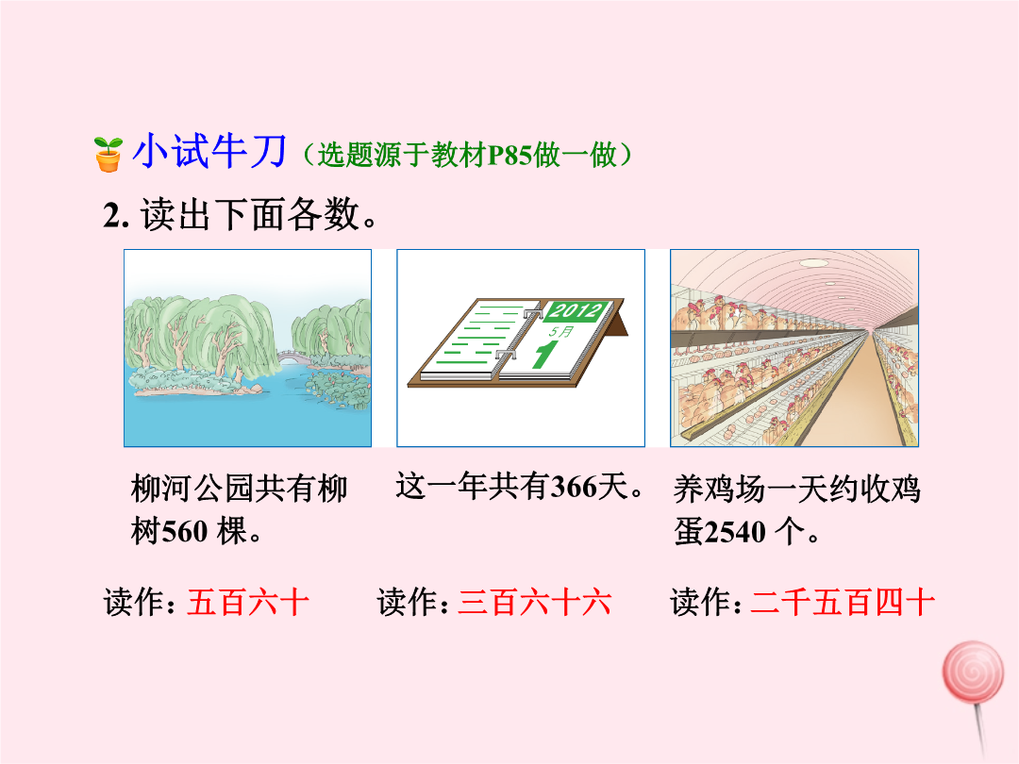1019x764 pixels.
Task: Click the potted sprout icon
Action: click(x=108, y=154)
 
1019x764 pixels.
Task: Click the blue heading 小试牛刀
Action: click(x=209, y=151)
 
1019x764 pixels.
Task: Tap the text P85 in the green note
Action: click(x=509, y=156)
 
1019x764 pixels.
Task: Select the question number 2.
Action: click(x=116, y=215)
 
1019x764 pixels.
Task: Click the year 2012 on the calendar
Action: click(x=575, y=310)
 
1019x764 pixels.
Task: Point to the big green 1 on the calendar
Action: click(x=544, y=354)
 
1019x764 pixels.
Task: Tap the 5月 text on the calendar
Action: click(x=560, y=332)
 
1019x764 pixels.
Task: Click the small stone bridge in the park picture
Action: click(x=294, y=355)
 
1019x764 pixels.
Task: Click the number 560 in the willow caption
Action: click(x=185, y=531)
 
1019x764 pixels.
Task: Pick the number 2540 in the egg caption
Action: click(x=734, y=532)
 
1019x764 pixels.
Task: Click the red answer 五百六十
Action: click(x=247, y=602)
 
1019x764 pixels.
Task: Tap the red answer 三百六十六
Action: click(x=534, y=602)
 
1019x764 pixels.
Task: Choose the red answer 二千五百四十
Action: click(x=843, y=602)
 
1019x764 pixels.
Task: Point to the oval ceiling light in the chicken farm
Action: click(x=813, y=263)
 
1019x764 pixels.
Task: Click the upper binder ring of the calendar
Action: click(x=532, y=313)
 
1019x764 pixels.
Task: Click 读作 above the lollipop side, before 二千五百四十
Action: click(x=701, y=602)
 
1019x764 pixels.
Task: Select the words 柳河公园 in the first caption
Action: click(x=193, y=489)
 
